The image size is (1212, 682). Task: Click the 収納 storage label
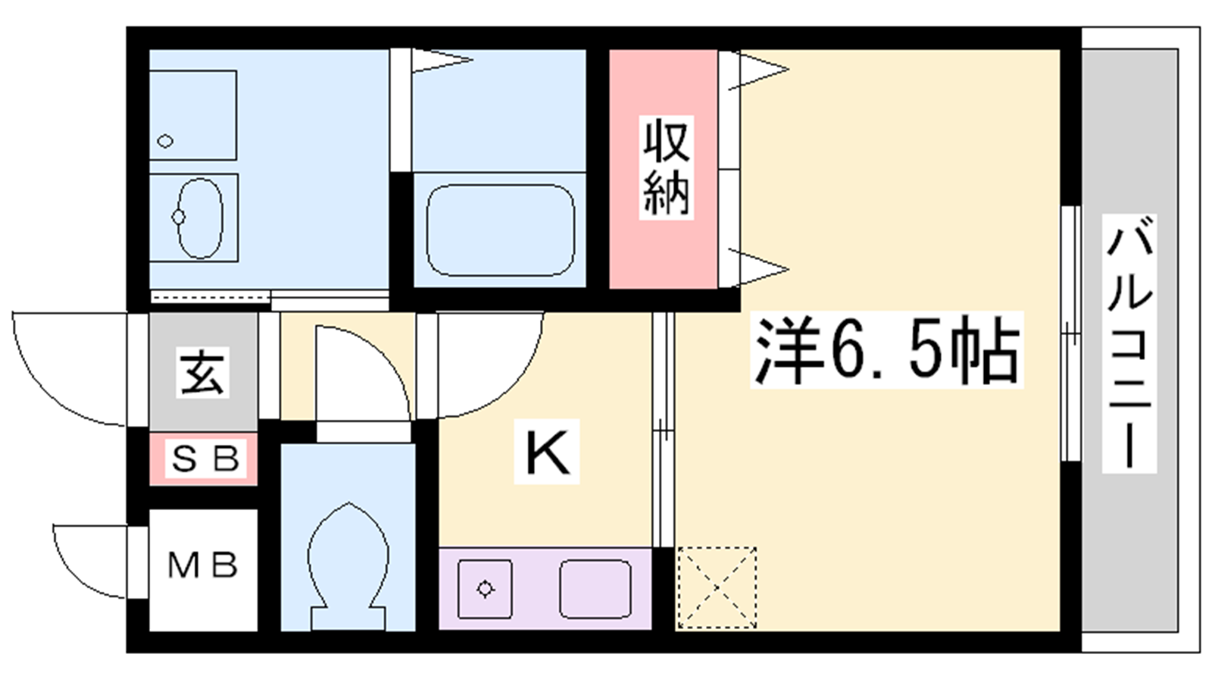(666, 167)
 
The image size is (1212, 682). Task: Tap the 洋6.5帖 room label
(886, 350)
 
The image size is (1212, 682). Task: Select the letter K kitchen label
(547, 452)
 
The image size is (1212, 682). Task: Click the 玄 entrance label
(202, 372)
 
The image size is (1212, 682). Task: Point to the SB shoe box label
(205, 459)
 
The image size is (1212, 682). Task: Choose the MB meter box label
(203, 565)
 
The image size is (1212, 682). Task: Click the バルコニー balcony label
(1129, 343)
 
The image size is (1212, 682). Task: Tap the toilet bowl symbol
(348, 566)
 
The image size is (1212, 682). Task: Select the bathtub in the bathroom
(501, 230)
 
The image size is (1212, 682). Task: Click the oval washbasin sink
(200, 217)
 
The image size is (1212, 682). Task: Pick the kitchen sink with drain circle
(485, 589)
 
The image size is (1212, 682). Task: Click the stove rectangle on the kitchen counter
(595, 589)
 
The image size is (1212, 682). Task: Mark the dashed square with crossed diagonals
(717, 588)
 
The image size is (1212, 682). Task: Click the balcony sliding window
(1070, 333)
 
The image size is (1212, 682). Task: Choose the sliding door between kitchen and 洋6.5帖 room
(664, 430)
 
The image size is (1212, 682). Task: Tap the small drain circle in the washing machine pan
(165, 142)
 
